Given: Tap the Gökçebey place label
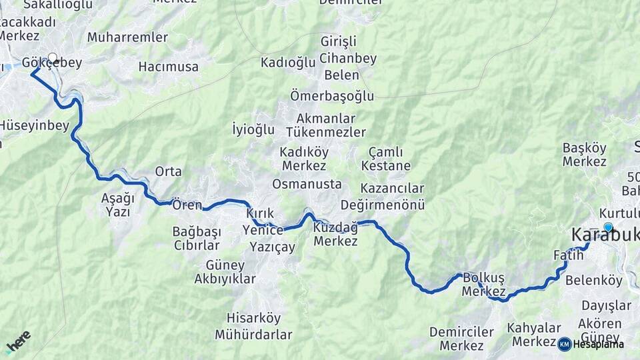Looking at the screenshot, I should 52,63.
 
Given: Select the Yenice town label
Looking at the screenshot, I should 263,230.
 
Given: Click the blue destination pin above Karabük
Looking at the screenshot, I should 608,227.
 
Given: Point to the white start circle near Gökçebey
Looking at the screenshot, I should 53,57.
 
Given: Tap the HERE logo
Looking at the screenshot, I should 18,341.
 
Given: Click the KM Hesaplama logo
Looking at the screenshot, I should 591,344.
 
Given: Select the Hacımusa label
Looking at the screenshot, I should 169,67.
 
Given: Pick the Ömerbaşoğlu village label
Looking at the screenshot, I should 332,96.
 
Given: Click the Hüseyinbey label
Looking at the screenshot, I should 33,125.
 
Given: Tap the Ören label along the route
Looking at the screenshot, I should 187,204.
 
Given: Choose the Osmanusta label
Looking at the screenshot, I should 307,184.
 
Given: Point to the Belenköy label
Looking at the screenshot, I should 593,281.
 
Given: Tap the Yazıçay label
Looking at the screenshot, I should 272,247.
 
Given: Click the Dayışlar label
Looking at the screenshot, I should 606,305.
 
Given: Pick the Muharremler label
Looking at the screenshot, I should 127,37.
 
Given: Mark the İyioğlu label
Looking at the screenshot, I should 253,129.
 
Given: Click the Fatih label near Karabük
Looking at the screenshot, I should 563,255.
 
